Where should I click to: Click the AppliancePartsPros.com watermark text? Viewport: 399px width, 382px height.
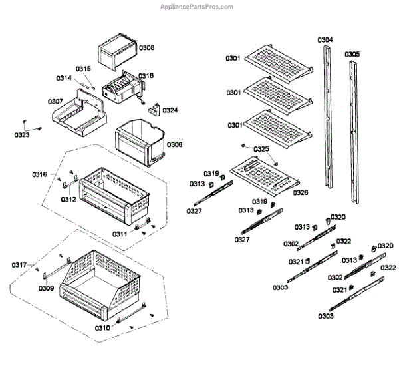pos(198,7)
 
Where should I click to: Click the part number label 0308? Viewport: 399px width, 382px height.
pos(146,48)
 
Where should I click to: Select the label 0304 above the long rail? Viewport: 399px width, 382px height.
pos(325,40)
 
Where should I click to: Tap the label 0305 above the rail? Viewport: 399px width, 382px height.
pos(352,54)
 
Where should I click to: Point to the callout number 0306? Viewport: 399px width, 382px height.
pos(174,144)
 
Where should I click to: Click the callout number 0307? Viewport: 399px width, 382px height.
pos(56,102)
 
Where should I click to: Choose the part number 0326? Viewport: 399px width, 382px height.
pos(301,192)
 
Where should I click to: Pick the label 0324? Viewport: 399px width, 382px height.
pos(170,110)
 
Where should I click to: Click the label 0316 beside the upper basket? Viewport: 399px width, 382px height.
pos(39,174)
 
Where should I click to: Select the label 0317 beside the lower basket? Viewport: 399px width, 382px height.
pos(19,265)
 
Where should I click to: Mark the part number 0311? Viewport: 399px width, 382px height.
pos(120,234)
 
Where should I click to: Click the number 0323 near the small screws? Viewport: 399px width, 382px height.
pos(22,135)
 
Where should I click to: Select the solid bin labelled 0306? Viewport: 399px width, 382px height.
pos(140,142)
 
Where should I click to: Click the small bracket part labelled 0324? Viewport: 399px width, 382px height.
pos(156,108)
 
